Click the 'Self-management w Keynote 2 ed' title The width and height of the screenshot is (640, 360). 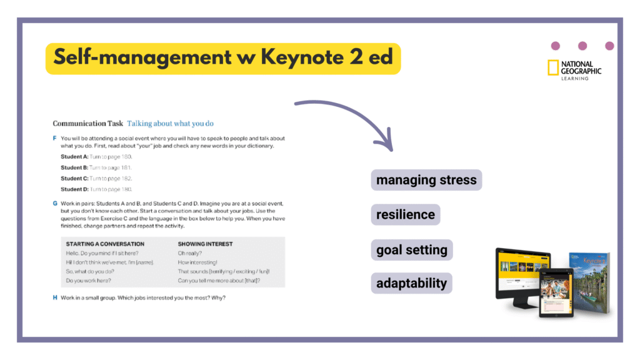[x=222, y=57]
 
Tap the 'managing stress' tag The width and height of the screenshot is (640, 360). [x=426, y=180]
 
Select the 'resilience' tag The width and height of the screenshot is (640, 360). [x=406, y=214]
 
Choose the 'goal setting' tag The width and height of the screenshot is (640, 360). [x=411, y=250]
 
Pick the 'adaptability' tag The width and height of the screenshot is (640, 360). [x=411, y=283]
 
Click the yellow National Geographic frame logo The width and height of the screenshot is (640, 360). [x=552, y=68]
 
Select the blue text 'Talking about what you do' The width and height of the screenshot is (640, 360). [x=170, y=124]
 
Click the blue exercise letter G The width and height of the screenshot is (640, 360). [x=55, y=204]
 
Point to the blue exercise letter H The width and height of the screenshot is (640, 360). [x=55, y=297]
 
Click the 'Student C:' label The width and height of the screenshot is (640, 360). [x=74, y=178]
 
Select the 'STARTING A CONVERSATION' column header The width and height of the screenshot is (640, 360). [x=105, y=244]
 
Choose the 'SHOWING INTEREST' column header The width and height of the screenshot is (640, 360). [x=205, y=244]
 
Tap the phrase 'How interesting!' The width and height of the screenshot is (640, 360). [x=197, y=262]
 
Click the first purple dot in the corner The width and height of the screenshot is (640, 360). [x=555, y=46]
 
